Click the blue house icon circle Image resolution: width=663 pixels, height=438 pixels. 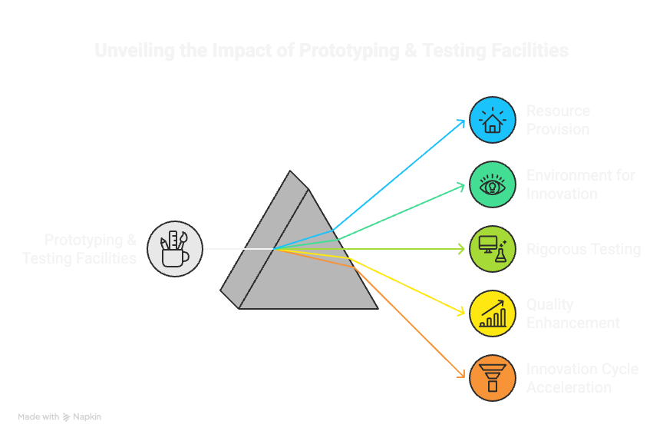tap(492, 120)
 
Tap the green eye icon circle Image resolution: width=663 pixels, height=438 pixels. tap(492, 184)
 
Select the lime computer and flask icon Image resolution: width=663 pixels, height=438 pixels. tap(492, 249)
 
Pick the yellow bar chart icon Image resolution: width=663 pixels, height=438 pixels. tap(492, 314)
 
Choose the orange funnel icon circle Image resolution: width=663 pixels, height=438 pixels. tap(492, 378)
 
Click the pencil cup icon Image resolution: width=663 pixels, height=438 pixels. tap(175, 248)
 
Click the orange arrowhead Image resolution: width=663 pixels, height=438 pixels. tap(463, 376)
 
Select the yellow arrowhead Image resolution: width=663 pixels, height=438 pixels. tap(463, 312)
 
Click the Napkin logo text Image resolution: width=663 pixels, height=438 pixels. tap(88, 416)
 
